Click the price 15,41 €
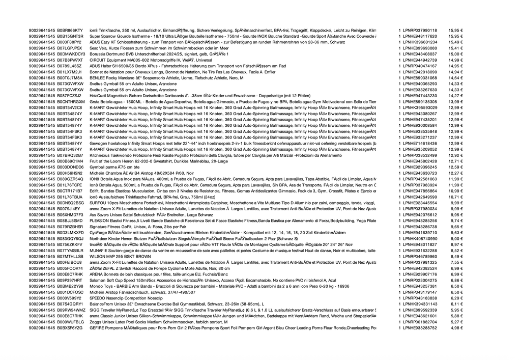tap(455, 48)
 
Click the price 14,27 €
tap(455, 95)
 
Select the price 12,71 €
tap(455, 161)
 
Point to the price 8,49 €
tap(456, 257)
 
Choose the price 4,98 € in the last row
tap(456, 328)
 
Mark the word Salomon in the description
tap(98, 280)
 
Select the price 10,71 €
tap(455, 197)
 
